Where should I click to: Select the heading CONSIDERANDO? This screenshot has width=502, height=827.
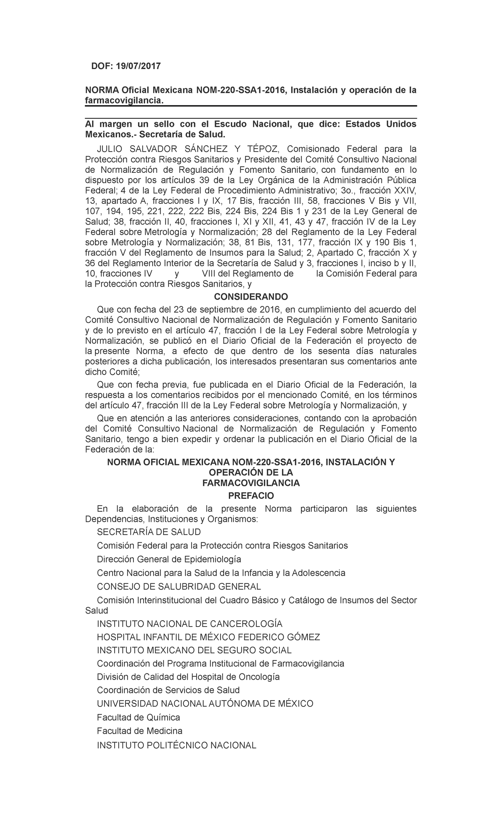click(251, 297)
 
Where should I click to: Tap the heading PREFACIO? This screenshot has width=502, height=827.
click(251, 496)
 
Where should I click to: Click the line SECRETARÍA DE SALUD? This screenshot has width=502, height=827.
click(149, 532)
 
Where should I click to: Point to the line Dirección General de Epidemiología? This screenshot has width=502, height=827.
click(169, 559)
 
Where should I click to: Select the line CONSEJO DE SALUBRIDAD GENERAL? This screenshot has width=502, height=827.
click(179, 586)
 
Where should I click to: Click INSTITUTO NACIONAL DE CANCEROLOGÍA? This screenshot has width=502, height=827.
click(190, 624)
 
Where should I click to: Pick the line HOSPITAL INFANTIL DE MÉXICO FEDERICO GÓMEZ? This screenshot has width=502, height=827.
click(208, 637)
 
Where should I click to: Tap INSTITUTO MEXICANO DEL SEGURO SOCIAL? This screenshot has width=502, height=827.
click(194, 650)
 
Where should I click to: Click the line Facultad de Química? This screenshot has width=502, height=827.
click(138, 717)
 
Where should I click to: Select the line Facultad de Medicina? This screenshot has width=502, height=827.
click(140, 731)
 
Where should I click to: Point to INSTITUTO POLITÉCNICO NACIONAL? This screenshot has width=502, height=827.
click(177, 745)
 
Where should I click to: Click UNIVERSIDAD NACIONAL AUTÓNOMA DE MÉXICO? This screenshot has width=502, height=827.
click(205, 704)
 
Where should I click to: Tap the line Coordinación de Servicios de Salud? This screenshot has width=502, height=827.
click(168, 690)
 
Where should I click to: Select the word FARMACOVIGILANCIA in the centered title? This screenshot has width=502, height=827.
click(251, 483)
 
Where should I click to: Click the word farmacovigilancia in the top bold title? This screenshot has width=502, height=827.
click(123, 101)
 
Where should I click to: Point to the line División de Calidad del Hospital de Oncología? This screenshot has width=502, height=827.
click(188, 677)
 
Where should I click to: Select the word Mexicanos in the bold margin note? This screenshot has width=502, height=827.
click(110, 134)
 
